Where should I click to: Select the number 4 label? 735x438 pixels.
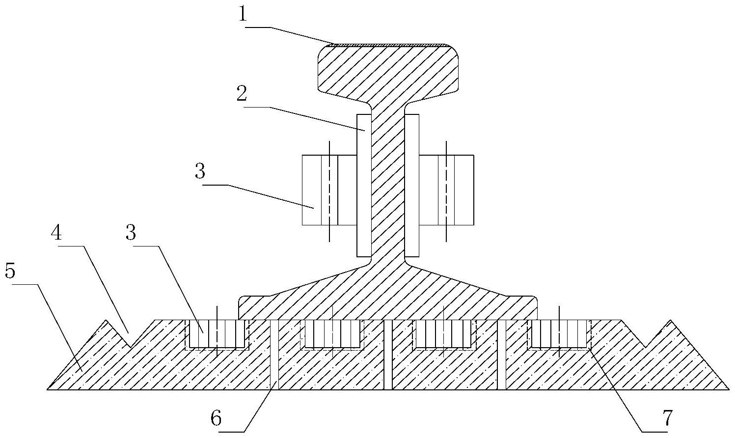click(57, 233)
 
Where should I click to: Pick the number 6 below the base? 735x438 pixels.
click(216, 419)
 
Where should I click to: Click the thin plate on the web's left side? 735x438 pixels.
click(364, 186)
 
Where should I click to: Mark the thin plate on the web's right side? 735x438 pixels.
click(412, 186)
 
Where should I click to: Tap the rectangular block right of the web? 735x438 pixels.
click(447, 190)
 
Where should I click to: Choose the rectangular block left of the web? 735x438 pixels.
click(329, 190)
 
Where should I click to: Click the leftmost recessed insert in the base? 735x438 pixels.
click(217, 334)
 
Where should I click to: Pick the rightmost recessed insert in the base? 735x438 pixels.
click(559, 334)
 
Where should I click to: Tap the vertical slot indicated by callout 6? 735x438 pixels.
click(274, 355)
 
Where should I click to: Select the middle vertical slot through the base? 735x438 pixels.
click(388, 355)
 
